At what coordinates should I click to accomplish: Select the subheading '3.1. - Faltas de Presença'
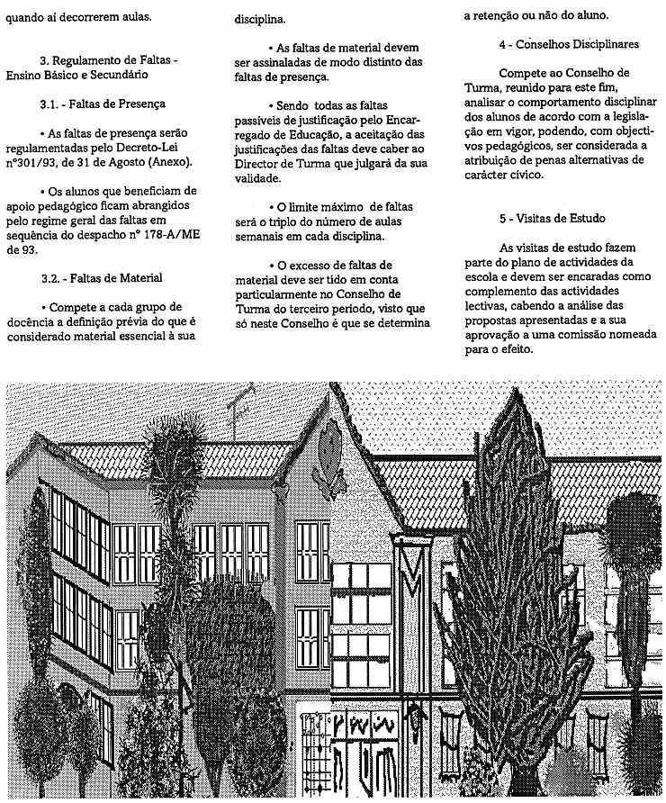pyautogui.click(x=103, y=104)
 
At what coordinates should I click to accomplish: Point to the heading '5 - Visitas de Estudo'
pyautogui.click(x=553, y=219)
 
